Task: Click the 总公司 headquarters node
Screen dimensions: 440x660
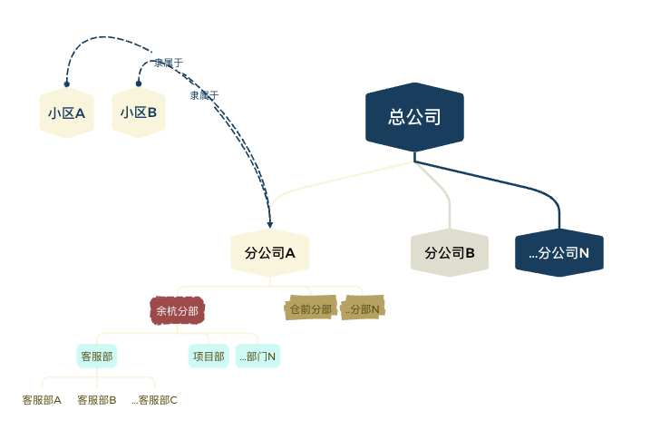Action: point(414,116)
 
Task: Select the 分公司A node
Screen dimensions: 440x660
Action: point(270,253)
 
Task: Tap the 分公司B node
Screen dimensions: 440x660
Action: point(450,253)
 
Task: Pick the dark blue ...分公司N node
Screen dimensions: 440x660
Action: point(559,253)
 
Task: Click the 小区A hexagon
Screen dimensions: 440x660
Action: point(66,113)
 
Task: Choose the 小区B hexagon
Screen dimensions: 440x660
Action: point(139,113)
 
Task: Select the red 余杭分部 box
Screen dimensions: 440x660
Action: point(177,311)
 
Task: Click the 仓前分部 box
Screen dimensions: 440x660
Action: point(310,309)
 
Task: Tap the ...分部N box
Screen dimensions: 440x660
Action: point(363,309)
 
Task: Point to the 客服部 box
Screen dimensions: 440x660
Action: point(96,357)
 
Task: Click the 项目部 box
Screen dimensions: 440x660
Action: point(209,357)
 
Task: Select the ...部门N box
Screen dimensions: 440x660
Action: point(258,357)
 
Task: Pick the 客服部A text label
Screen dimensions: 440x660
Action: point(42,400)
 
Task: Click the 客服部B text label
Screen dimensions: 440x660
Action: point(97,400)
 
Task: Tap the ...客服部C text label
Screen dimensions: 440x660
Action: point(154,400)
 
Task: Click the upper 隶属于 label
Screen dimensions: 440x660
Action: point(169,63)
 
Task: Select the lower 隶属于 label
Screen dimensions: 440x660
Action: point(204,94)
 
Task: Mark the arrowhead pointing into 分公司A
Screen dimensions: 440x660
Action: point(270,223)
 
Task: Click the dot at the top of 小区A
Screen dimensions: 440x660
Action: point(66,84)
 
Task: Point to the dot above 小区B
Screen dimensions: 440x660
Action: point(139,83)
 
